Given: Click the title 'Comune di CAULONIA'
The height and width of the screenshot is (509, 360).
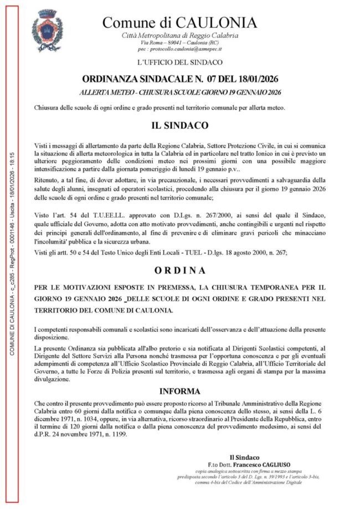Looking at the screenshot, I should tap(180, 23).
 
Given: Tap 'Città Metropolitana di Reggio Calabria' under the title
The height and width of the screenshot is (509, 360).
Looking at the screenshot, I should tap(180, 35).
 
